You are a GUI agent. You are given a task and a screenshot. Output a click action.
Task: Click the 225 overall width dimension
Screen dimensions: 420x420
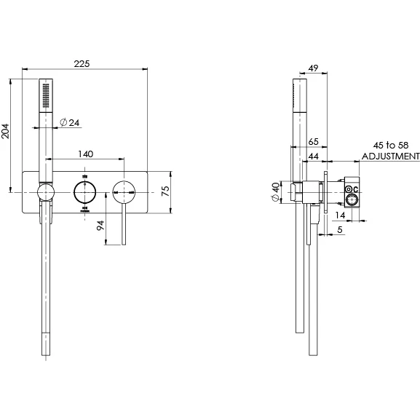(x=82, y=64)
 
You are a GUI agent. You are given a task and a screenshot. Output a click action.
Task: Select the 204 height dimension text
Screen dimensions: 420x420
(x=6, y=132)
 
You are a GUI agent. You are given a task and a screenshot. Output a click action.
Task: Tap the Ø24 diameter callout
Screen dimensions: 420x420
(x=69, y=122)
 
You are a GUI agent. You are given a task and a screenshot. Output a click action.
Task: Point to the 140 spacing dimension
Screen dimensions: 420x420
(x=85, y=154)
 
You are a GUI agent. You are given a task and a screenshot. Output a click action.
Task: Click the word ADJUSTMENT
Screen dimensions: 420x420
(x=390, y=156)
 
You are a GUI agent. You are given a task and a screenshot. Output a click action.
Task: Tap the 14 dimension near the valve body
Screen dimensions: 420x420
(x=341, y=216)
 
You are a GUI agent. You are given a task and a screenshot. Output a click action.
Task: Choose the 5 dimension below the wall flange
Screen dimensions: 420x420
(x=341, y=230)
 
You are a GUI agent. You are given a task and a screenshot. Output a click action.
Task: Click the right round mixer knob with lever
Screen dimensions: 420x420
(x=122, y=193)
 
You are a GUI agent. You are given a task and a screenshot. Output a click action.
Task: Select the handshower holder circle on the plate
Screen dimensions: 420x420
(x=45, y=193)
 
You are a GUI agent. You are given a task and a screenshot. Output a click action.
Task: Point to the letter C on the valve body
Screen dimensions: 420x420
(x=357, y=191)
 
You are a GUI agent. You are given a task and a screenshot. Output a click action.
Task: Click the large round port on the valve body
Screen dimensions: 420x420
(x=350, y=199)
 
